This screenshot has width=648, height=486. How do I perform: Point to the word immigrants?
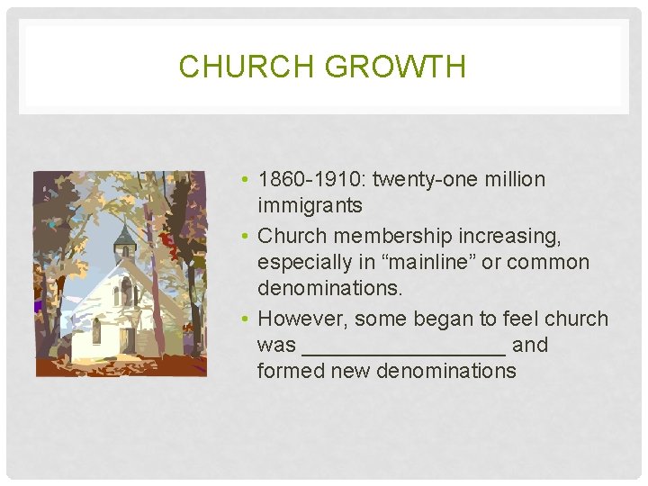[310, 206]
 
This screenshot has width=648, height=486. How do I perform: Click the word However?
[301, 319]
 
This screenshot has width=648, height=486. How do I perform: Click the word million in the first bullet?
[511, 179]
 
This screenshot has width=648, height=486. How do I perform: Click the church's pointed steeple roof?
[124, 236]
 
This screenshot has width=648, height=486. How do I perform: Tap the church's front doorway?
[126, 339]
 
